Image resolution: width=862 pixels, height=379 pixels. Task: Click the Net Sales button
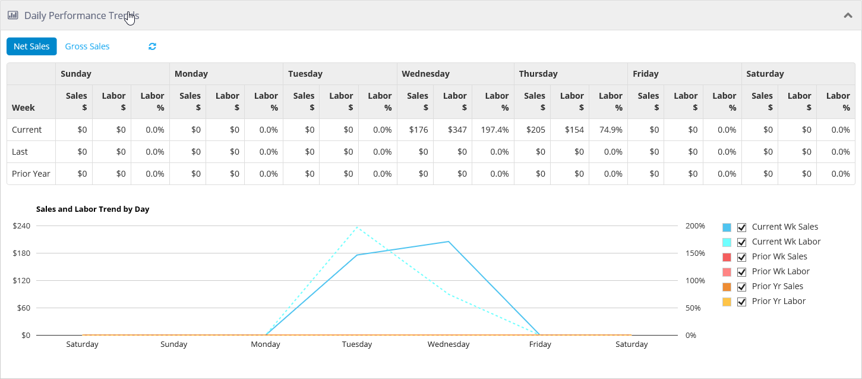31,46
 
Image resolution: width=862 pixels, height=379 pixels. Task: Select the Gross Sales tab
87,46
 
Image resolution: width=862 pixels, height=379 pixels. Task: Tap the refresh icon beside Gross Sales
153,46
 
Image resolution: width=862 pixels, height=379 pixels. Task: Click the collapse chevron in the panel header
848,15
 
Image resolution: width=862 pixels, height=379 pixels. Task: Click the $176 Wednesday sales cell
418,130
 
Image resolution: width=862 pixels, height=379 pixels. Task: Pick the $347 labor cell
457,130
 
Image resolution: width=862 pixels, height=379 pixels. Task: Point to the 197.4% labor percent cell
494,130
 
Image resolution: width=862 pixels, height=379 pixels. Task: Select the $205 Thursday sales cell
536,130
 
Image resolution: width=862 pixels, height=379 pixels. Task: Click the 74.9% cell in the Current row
611,130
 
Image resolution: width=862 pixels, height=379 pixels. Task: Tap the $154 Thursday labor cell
574,130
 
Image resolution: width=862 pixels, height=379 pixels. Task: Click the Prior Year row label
31,174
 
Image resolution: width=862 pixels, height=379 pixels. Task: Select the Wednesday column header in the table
425,74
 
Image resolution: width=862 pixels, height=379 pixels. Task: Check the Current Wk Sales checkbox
741,227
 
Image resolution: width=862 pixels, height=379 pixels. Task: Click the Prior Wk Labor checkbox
741,272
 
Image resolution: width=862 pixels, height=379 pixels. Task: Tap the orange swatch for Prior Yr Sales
727,287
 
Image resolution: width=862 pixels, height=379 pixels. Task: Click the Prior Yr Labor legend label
778,301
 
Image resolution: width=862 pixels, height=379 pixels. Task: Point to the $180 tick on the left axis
21,253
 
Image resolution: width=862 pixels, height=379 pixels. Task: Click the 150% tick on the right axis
695,253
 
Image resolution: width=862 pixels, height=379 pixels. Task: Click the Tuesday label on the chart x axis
356,344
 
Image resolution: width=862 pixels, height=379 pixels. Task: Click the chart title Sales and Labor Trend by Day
93,209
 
